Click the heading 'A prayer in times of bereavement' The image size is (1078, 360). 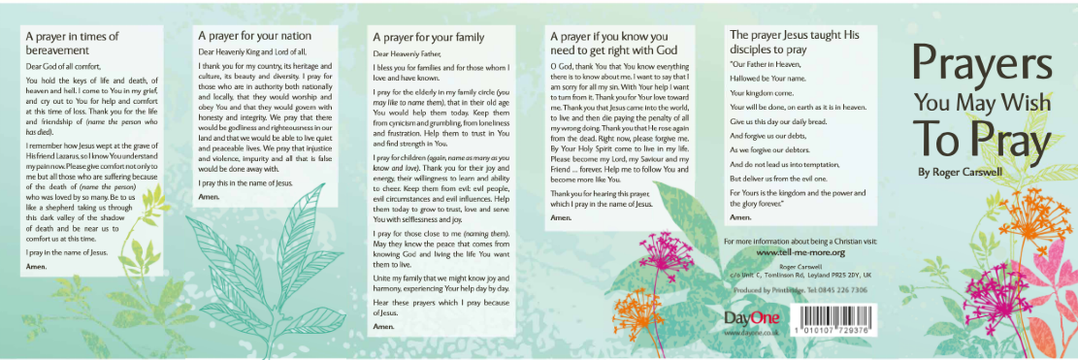(73, 43)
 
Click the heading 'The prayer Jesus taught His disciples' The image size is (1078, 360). (794, 41)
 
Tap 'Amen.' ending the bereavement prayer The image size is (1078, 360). (36, 266)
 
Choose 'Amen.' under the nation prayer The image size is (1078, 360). (209, 197)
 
